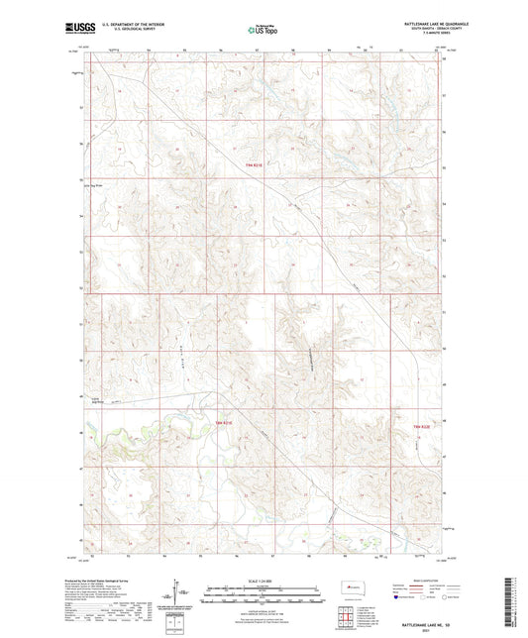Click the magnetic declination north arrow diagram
[x=178, y=594]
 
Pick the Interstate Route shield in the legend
[x=396, y=597]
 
